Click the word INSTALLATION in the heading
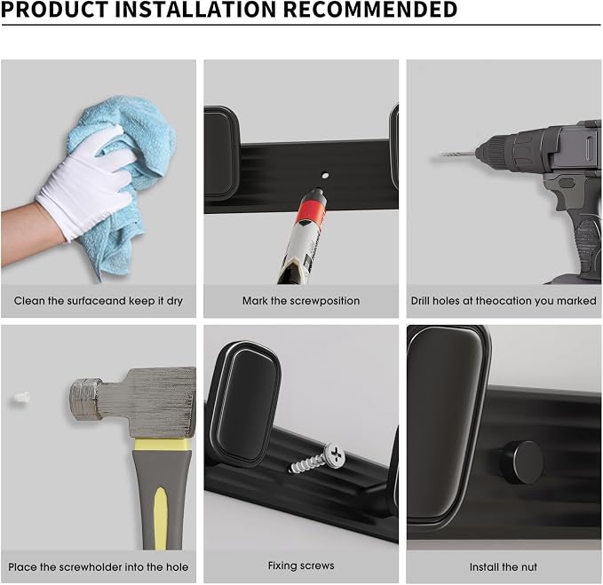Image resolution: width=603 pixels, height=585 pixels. (x=194, y=9)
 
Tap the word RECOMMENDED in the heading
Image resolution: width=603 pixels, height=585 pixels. (x=370, y=9)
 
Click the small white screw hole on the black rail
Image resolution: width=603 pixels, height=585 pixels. (x=325, y=176)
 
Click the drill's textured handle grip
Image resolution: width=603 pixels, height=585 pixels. (x=585, y=246)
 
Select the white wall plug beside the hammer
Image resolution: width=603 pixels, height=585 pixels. (x=21, y=397)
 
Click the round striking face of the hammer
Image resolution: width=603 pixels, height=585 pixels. (x=83, y=399)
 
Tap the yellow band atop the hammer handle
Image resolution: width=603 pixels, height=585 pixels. (x=163, y=445)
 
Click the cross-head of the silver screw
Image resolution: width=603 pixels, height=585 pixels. (x=334, y=456)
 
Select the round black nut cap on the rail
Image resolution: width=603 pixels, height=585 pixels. (x=522, y=462)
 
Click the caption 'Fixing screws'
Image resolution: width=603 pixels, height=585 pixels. (x=301, y=565)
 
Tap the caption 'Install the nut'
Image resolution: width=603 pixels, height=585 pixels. (x=503, y=567)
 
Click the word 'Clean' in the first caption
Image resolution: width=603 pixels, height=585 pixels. (x=29, y=301)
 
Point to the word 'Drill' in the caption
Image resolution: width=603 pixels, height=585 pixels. (x=421, y=301)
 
